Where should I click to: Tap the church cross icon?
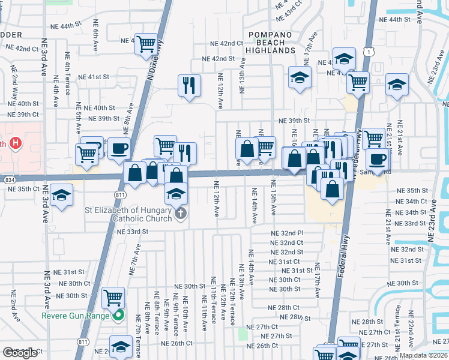pos(180,214)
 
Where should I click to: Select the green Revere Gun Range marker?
pos(118,315)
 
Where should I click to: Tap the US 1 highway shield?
pos(366,52)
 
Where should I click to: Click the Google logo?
pos(20,353)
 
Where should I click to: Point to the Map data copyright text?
pos(423,355)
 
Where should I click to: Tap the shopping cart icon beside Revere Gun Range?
pos(113,296)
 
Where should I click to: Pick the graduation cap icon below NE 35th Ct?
pos(61,196)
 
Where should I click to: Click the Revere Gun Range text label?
pos(76,316)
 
